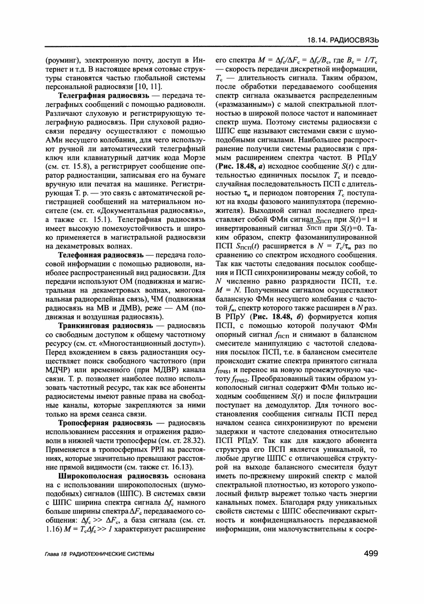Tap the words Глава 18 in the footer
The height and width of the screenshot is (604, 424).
pos(56,555)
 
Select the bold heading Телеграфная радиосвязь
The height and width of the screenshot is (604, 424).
pos(102,95)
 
